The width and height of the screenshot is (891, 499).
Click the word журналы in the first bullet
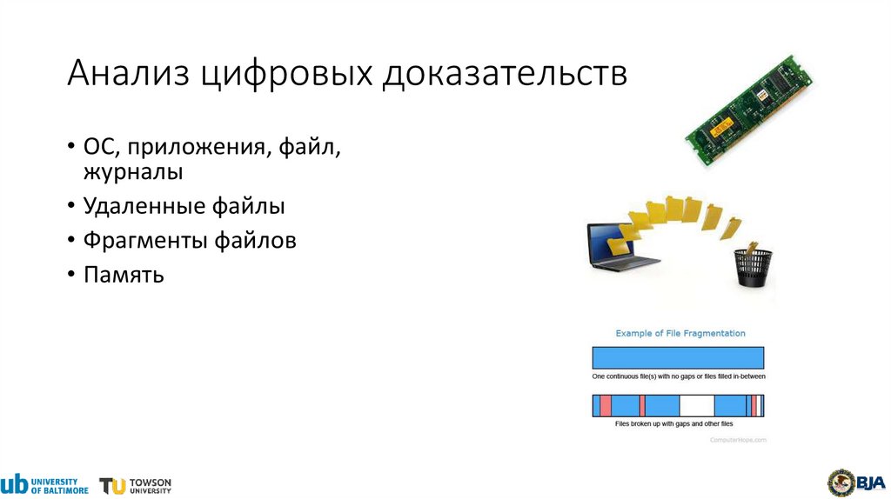click(x=133, y=171)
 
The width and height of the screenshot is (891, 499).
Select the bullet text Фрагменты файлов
click(x=190, y=240)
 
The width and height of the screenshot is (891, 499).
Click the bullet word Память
click(x=124, y=275)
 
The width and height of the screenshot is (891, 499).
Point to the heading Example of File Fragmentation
click(x=680, y=333)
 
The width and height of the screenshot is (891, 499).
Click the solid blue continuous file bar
click(x=678, y=358)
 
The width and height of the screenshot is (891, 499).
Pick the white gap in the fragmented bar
click(x=696, y=405)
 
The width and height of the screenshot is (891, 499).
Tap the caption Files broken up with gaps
click(x=673, y=423)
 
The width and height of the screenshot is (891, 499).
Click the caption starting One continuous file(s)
click(x=679, y=376)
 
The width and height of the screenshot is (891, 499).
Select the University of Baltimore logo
click(x=44, y=483)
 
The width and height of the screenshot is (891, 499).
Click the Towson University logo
click(x=136, y=485)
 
